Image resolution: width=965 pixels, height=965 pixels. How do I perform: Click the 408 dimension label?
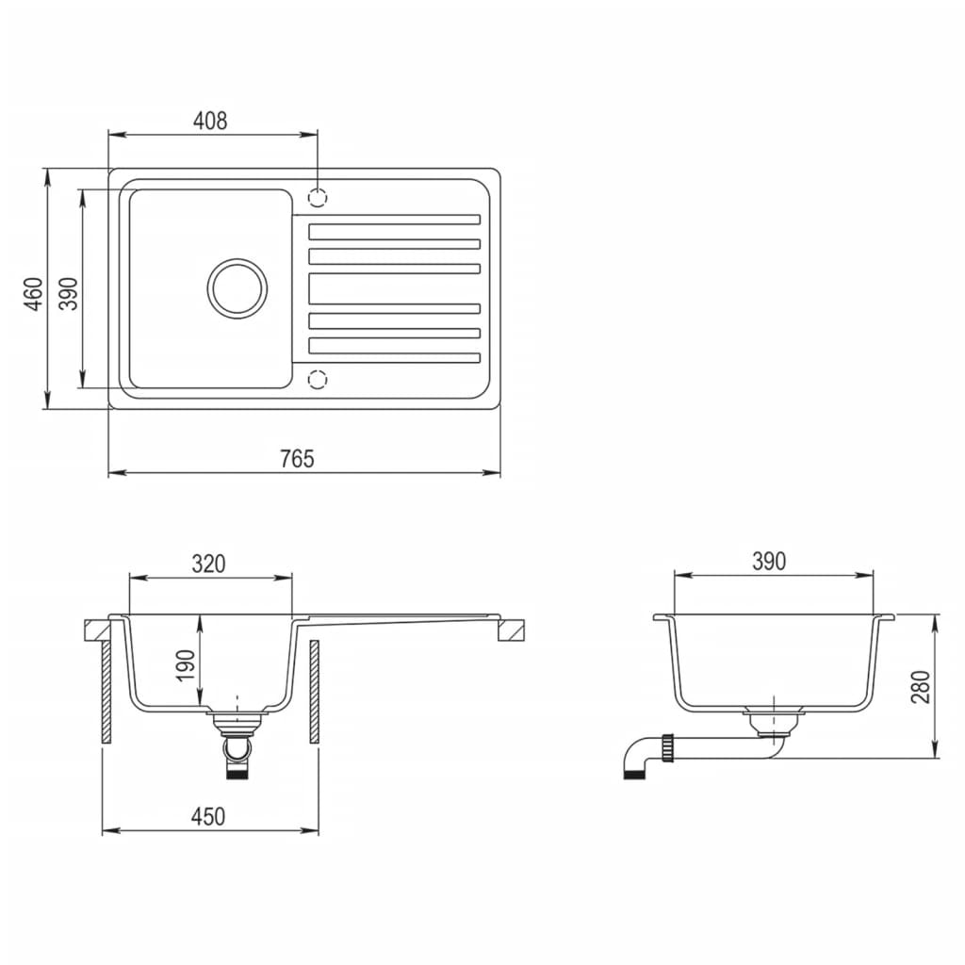click(210, 121)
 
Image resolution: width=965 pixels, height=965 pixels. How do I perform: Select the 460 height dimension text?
click(34, 294)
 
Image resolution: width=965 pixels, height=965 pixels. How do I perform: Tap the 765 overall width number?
click(297, 459)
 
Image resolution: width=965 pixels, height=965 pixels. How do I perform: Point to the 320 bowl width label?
click(208, 564)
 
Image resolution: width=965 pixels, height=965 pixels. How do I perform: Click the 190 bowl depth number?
click(186, 665)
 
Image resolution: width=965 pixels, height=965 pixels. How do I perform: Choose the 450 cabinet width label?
click(208, 816)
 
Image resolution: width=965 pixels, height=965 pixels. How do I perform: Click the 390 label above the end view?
click(769, 562)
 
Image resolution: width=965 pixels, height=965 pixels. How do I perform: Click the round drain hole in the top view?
click(237, 287)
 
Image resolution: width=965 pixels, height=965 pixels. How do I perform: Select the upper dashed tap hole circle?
click(319, 198)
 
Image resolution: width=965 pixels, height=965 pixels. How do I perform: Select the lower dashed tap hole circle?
click(319, 379)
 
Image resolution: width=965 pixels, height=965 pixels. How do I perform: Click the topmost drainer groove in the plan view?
click(394, 220)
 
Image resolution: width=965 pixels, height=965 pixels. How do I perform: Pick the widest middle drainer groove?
click(394, 288)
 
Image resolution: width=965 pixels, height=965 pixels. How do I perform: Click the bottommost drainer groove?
click(394, 357)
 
